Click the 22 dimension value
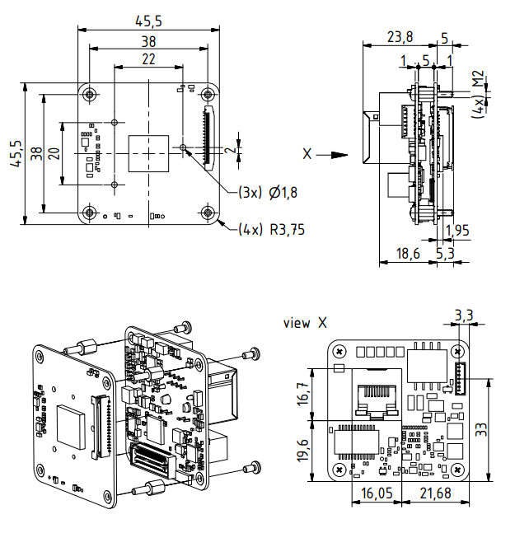[148, 59]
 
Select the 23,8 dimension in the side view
[400, 37]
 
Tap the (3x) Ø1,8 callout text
[268, 193]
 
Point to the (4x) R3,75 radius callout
[271, 230]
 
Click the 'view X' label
[305, 323]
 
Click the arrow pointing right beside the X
[332, 155]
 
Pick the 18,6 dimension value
[408, 254]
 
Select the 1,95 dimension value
[457, 231]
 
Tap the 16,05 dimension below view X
[377, 493]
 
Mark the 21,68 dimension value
[435, 493]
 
